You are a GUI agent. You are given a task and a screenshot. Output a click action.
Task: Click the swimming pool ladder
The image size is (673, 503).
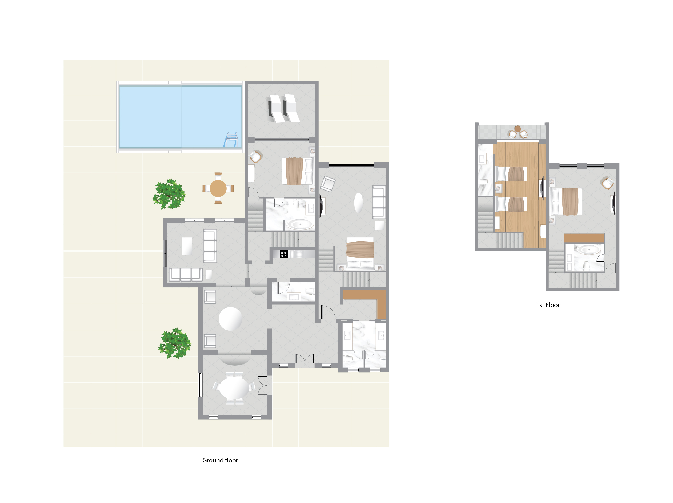(231, 140)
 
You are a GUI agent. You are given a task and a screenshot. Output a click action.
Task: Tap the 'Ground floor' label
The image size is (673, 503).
(220, 460)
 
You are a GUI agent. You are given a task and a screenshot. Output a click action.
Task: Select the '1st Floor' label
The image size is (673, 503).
(548, 305)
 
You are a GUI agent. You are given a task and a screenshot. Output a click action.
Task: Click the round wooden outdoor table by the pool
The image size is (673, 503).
(218, 188)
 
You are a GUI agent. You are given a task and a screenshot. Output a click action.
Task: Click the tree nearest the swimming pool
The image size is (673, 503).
(169, 194)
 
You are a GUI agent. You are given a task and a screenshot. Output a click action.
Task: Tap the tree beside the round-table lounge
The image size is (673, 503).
(175, 343)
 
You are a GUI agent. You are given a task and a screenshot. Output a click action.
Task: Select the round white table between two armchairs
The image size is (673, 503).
(230, 319)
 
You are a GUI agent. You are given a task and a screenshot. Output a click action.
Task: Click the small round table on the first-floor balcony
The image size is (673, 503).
(518, 129)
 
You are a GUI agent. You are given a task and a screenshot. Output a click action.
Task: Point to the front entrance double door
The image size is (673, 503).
(305, 359)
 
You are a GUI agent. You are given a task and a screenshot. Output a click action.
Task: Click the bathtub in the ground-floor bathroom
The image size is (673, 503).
(300, 225)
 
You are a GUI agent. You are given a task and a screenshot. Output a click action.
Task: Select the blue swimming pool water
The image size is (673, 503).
(181, 117)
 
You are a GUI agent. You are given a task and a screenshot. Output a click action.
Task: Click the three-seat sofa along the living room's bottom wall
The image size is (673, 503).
(185, 274)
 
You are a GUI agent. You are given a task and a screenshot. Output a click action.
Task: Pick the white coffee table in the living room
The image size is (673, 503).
(187, 246)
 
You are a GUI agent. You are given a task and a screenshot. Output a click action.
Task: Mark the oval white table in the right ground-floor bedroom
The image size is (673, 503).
(359, 203)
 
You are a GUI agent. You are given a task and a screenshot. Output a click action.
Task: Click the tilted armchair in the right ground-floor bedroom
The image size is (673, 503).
(328, 184)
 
